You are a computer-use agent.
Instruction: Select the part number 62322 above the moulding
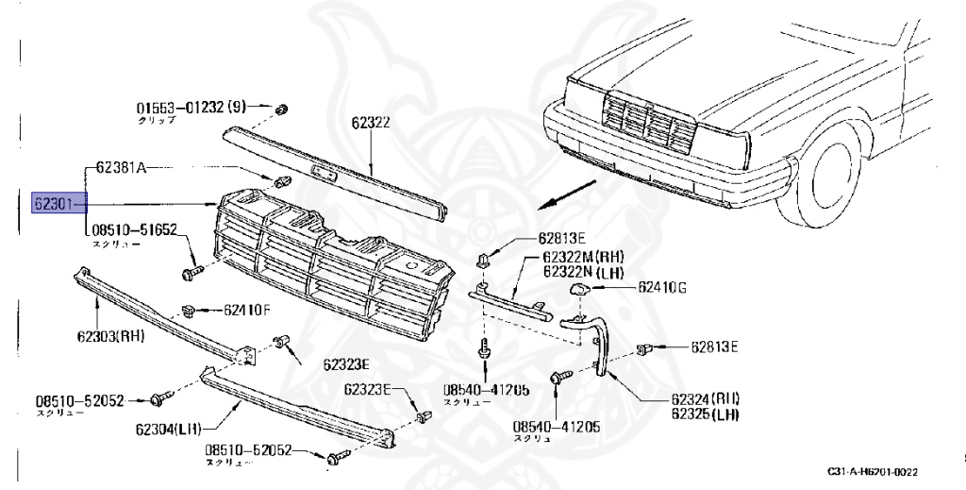[372, 122]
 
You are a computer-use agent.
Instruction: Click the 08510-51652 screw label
[134, 229]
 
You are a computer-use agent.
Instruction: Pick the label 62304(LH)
[168, 429]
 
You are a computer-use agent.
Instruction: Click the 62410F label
[248, 309]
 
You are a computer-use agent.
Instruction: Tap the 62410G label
[662, 287]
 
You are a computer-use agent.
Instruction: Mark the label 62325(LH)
[705, 413]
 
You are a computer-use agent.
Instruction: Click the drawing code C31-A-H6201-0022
[873, 471]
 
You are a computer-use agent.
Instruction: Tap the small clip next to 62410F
[188, 308]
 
